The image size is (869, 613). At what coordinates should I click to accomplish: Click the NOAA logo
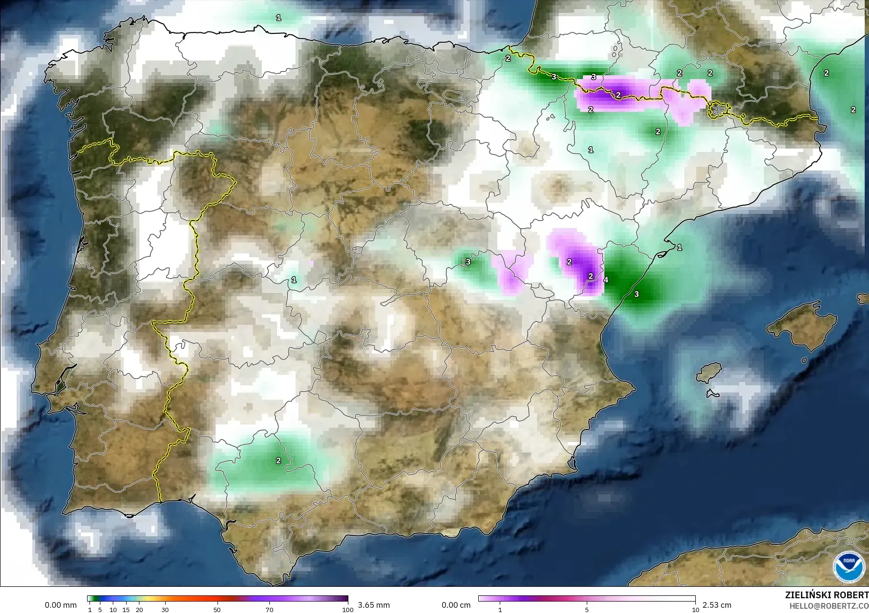click(x=849, y=567)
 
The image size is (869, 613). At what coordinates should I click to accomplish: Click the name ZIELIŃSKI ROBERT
click(x=827, y=595)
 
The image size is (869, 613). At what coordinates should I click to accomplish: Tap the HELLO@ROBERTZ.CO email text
click(x=829, y=606)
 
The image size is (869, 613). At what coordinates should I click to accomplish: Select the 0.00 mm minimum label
click(x=60, y=605)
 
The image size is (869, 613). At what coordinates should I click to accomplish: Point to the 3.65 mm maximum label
click(x=374, y=605)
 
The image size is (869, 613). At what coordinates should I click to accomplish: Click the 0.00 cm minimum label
click(x=456, y=605)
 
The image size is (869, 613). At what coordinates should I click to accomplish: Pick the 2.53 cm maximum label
click(x=717, y=605)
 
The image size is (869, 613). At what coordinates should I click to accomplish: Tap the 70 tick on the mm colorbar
click(x=269, y=609)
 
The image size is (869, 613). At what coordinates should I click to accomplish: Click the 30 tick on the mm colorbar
click(x=165, y=609)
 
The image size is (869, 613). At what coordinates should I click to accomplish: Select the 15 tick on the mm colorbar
click(x=126, y=609)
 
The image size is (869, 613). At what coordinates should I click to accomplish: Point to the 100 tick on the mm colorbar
click(x=348, y=609)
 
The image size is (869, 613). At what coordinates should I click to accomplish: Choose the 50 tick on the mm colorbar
click(x=217, y=609)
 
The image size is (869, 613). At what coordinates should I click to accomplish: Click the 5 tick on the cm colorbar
click(x=587, y=609)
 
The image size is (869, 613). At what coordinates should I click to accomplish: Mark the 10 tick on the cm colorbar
click(x=695, y=609)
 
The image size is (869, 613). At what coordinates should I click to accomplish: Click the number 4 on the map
click(x=606, y=280)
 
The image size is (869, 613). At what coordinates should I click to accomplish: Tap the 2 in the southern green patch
click(x=278, y=461)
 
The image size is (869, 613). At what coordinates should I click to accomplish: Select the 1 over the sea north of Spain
click(x=278, y=18)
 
